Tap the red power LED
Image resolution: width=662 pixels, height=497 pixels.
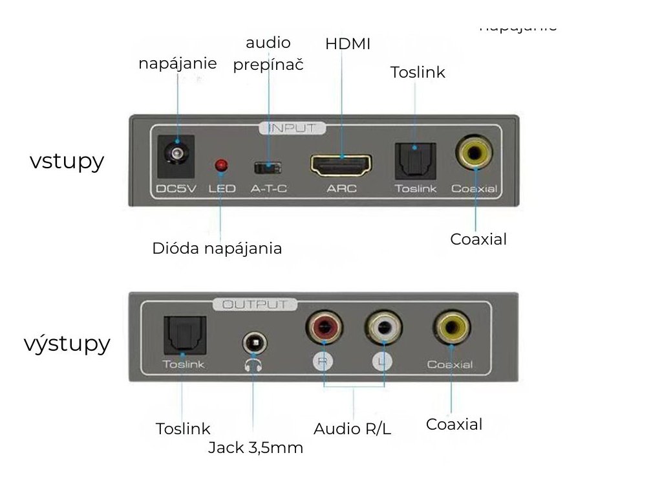[x=221, y=166]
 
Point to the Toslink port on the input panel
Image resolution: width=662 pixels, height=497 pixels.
[x=415, y=159]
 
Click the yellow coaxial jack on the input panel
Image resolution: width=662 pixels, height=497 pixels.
[x=474, y=153]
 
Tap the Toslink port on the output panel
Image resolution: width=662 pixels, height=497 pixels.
[x=185, y=335]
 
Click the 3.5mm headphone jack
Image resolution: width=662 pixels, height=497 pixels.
[x=253, y=343]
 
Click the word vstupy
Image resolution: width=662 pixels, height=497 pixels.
[x=67, y=161]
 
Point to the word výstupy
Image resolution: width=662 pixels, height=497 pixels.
[x=67, y=344]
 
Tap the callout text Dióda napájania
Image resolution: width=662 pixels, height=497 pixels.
[x=217, y=248]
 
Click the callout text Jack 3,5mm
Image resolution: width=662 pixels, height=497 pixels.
[x=255, y=448]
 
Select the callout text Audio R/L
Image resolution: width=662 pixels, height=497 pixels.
[x=352, y=428]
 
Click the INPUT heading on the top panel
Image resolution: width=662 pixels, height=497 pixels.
[x=292, y=128]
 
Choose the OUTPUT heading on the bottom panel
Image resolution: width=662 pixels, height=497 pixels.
[x=255, y=304]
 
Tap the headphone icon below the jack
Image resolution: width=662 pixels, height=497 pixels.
[x=253, y=365]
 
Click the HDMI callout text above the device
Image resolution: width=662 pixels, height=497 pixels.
[x=348, y=44]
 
